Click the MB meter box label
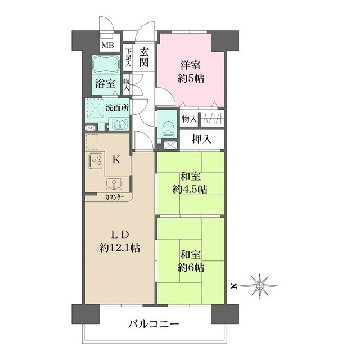(x=106, y=46)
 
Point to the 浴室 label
(x=105, y=84)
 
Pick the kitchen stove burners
(x=94, y=162)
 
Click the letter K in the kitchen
(x=116, y=159)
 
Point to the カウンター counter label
(x=115, y=197)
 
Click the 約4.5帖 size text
(x=190, y=190)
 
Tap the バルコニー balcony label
(x=154, y=323)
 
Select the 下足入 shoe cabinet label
(x=128, y=58)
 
